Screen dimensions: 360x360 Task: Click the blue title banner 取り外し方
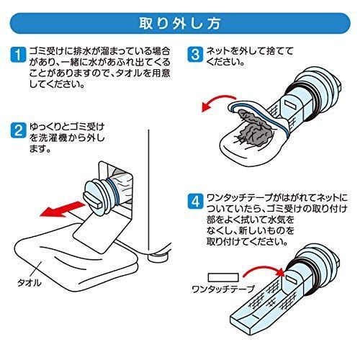180,23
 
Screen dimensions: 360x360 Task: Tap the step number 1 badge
18,55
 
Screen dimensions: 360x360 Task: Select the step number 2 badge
18,130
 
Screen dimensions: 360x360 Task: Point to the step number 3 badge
195,55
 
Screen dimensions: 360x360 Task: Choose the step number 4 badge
195,201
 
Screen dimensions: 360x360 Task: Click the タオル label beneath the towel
30,283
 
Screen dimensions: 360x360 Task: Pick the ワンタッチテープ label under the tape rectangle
223,289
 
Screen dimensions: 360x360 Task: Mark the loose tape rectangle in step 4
223,277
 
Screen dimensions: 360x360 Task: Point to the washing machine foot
157,258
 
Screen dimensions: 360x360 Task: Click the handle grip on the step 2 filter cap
94,200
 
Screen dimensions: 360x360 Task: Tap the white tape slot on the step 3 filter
289,104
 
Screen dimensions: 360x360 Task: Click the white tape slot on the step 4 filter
292,279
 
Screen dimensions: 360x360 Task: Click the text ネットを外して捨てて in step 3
250,51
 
